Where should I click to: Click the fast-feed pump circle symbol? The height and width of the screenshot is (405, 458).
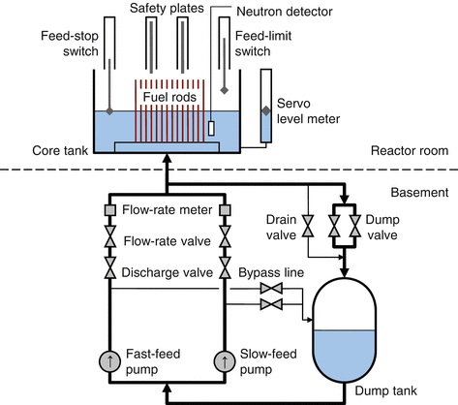(110, 361)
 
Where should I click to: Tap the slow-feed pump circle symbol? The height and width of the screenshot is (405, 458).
(225, 361)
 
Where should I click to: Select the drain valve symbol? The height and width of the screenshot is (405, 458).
(308, 226)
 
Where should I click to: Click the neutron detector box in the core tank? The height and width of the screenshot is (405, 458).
(211, 128)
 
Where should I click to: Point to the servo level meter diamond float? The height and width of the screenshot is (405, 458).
(266, 110)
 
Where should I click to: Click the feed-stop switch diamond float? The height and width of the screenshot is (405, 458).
(109, 111)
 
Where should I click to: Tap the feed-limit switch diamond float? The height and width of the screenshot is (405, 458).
(225, 90)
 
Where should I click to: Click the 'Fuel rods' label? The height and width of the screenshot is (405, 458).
(169, 97)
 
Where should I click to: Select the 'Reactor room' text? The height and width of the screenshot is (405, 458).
(410, 150)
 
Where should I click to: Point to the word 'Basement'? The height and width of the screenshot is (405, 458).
(419, 192)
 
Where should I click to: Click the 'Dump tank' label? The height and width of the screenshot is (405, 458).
(386, 390)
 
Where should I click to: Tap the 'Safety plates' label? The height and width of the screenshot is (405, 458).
(167, 9)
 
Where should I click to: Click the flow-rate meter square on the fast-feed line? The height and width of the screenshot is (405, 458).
(110, 210)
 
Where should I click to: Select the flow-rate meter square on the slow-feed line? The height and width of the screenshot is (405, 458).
(225, 210)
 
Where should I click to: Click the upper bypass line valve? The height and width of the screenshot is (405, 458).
(271, 288)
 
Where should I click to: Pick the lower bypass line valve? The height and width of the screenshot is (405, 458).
(271, 304)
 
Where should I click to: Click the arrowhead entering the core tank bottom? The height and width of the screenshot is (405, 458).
(167, 158)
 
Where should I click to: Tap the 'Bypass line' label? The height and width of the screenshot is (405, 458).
(271, 272)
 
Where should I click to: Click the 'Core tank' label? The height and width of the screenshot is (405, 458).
(60, 150)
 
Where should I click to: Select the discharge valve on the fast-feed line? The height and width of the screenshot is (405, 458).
(110, 267)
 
